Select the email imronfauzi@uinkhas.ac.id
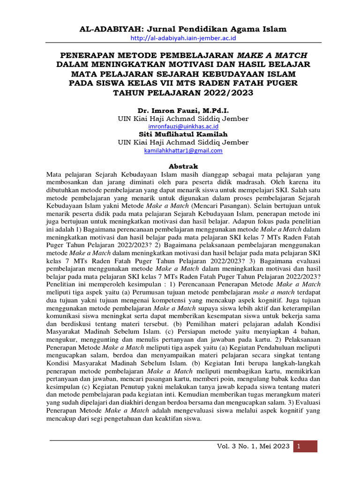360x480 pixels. pyautogui.click(x=183, y=127)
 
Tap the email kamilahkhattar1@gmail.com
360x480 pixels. pyautogui.click(x=183, y=150)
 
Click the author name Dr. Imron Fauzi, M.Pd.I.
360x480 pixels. pyautogui.click(x=183, y=110)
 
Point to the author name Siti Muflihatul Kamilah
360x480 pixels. pyautogui.click(x=183, y=134)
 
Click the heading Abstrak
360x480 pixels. pyautogui.click(x=183, y=166)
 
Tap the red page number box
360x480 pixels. pyautogui.click(x=305, y=446)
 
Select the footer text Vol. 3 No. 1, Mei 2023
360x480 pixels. pyautogui.click(x=253, y=446)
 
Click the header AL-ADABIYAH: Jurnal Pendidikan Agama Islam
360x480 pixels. pyautogui.click(x=183, y=29)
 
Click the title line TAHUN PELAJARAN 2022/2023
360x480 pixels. pyautogui.click(x=183, y=92)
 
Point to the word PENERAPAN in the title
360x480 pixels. pyautogui.click(x=82, y=54)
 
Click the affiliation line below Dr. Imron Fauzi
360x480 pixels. pyautogui.click(x=183, y=119)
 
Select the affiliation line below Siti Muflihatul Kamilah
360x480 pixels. pyautogui.click(x=183, y=142)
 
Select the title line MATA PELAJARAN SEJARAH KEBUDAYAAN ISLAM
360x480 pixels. pyautogui.click(x=183, y=74)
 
